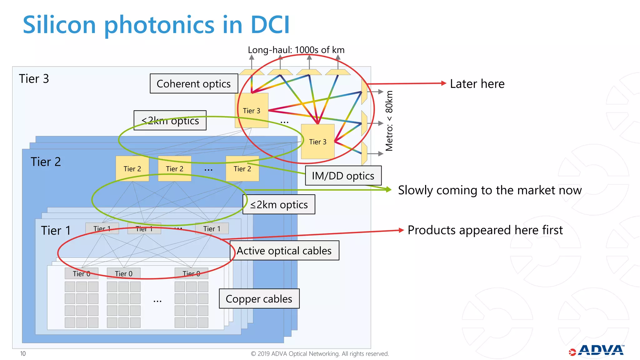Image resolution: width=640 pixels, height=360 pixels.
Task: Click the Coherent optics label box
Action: pos(194,83)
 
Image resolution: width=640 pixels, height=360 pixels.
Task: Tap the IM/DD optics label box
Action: pos(343,176)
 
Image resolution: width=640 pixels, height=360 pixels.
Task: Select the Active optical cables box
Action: pos(284,251)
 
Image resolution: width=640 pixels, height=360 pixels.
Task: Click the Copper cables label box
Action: pos(259,299)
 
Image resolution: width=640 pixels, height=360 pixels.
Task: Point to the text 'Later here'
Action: pos(477,84)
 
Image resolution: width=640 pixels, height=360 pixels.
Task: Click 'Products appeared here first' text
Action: pos(485,230)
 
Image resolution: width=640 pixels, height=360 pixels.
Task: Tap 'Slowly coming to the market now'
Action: pos(490,190)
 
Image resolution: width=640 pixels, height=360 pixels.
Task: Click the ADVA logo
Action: pos(597,350)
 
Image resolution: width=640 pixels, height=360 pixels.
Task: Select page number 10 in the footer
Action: pos(23,353)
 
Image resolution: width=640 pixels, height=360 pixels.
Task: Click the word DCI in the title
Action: pos(270,25)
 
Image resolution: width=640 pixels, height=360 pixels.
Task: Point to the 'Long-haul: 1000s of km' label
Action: pos(296,50)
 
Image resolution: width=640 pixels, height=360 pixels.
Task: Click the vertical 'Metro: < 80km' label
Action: pos(389,121)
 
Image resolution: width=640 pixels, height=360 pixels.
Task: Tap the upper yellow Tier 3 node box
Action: pos(252,111)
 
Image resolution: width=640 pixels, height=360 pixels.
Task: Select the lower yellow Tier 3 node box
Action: pos(317,142)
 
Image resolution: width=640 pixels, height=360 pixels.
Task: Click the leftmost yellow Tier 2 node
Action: pos(132,169)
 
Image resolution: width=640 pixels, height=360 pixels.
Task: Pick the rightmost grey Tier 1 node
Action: pos(212,228)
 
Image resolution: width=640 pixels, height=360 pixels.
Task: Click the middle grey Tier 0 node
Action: pos(123,273)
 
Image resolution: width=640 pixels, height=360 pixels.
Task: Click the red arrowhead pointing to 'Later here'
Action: pos(443,83)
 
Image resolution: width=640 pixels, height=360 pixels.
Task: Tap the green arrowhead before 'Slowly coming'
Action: pos(388,189)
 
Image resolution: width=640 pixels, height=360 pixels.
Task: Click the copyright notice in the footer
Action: pos(320,353)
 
